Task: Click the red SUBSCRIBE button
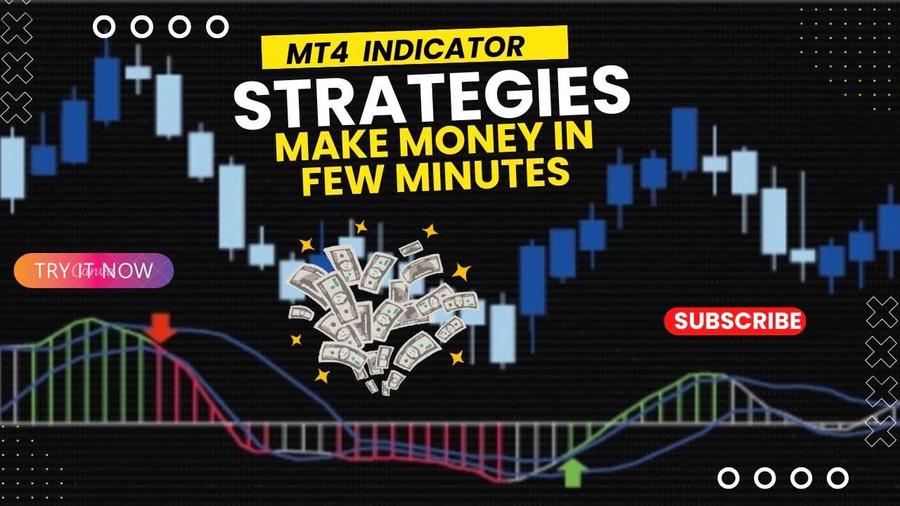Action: (735, 321)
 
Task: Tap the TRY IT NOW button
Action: (94, 271)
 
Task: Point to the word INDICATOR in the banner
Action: (444, 48)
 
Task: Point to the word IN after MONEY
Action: (573, 136)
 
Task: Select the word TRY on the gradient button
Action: (50, 271)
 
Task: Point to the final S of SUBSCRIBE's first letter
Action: (681, 321)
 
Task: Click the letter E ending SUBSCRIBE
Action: (795, 321)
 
